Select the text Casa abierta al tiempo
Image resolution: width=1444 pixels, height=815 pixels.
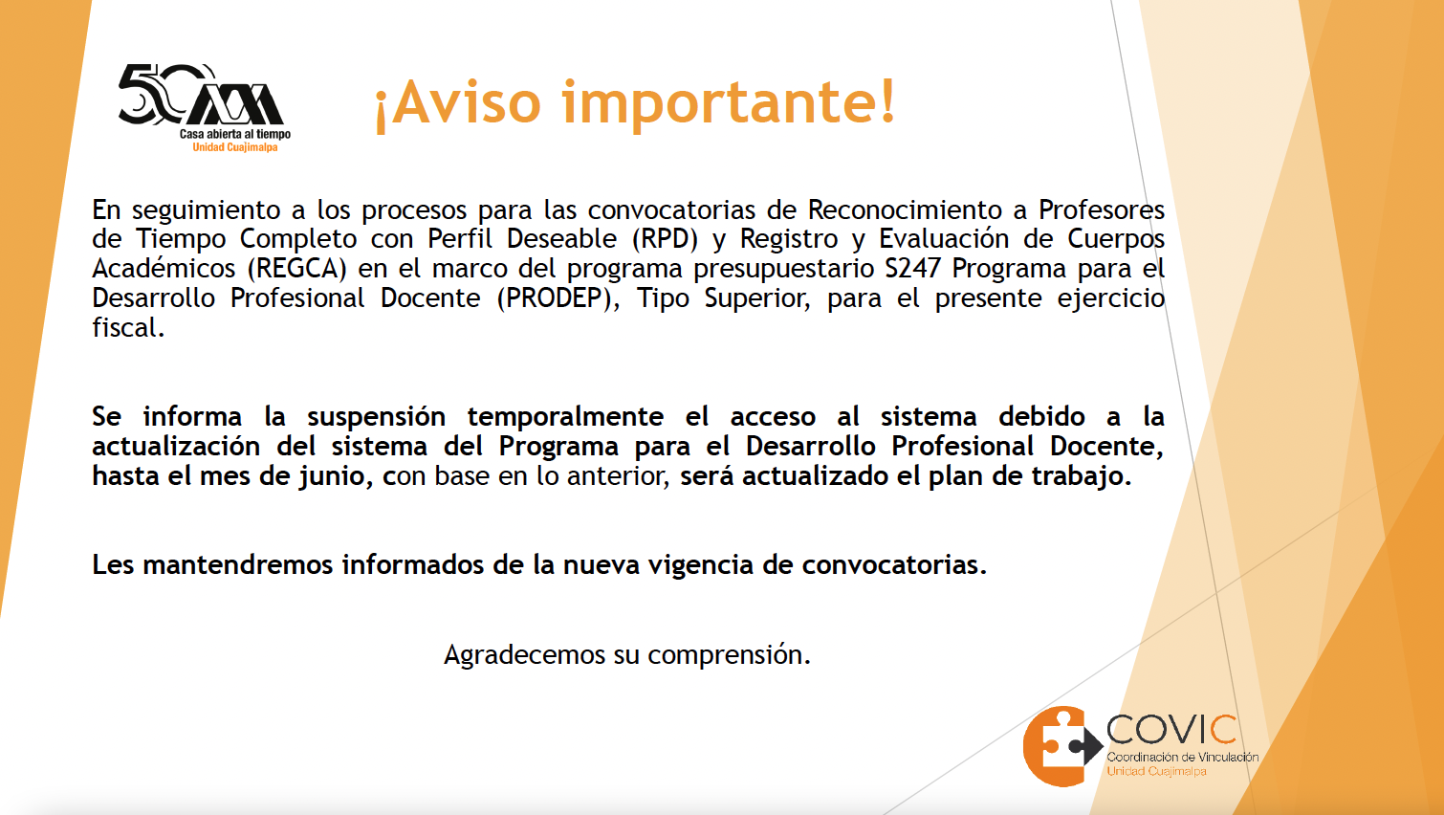coord(234,134)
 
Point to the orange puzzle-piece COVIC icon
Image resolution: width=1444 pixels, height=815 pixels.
coord(1061,746)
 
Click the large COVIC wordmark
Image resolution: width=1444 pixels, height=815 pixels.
coord(1171,731)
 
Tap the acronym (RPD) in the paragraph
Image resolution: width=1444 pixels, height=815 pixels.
coord(665,239)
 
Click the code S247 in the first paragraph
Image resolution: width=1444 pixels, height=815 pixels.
coord(912,268)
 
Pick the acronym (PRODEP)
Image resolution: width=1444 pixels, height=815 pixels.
coord(558,298)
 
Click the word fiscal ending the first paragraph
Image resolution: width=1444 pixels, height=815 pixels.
coord(127,327)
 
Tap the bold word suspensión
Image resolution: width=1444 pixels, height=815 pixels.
coord(376,416)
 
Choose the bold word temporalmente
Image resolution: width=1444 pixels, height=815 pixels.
coord(565,416)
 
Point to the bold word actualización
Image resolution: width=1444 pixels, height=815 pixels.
coord(175,446)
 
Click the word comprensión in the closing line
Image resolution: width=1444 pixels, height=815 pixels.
coord(729,656)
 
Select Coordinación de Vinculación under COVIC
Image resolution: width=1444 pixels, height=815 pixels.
coord(1183,757)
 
